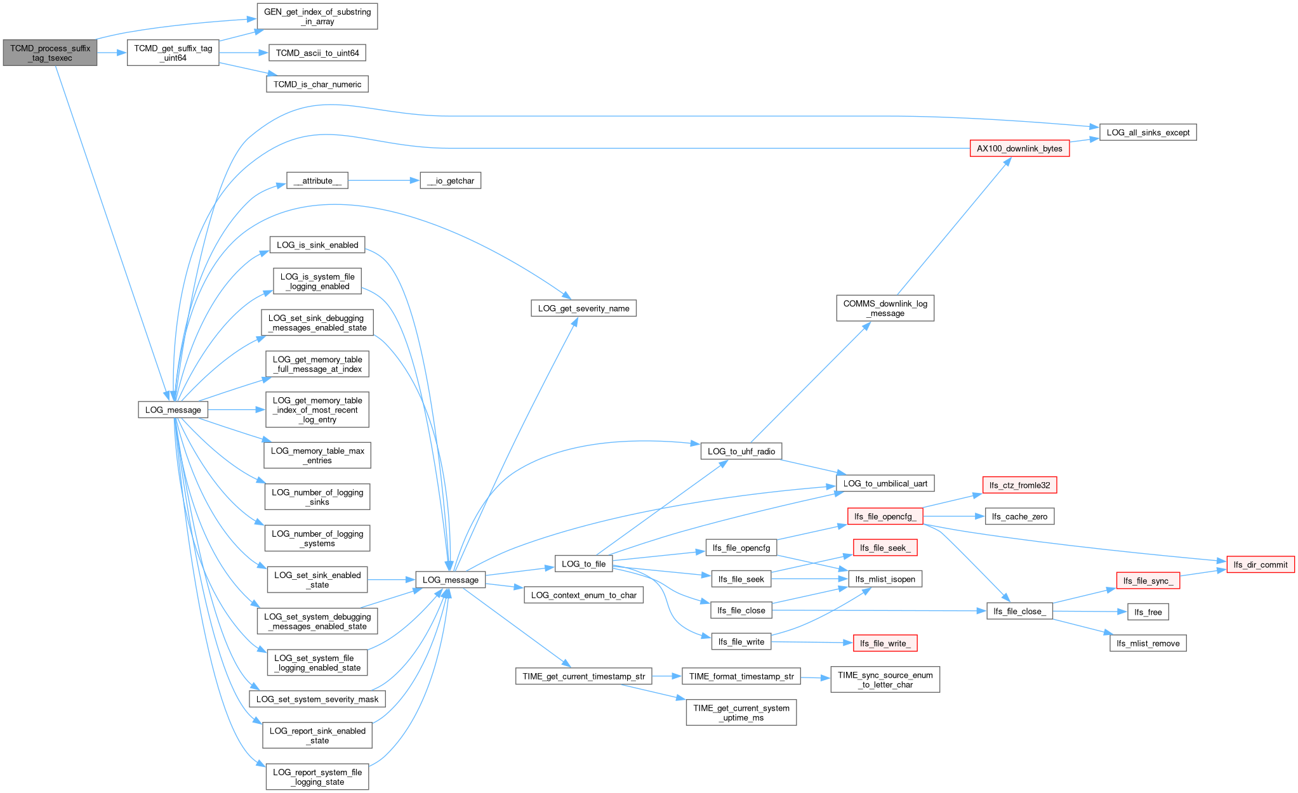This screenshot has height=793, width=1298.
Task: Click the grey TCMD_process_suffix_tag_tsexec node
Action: click(50, 53)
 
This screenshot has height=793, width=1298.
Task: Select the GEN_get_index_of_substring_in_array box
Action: click(317, 16)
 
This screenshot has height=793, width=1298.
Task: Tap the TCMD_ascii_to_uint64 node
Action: click(317, 53)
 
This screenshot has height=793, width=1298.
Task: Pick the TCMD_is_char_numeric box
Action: click(317, 84)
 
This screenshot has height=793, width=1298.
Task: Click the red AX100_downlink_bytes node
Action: click(1019, 148)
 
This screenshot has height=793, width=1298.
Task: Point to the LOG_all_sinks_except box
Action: click(1148, 133)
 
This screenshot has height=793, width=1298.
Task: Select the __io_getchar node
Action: click(451, 181)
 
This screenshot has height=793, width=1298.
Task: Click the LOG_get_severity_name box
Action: click(583, 308)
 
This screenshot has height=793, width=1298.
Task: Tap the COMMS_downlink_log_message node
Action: click(885, 308)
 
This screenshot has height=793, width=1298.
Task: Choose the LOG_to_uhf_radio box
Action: click(741, 451)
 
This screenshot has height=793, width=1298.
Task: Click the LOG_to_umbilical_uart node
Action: click(885, 483)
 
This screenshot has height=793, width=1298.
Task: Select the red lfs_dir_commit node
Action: click(1261, 565)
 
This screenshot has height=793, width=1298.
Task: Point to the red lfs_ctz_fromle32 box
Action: click(1019, 485)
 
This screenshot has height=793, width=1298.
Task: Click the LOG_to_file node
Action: click(583, 564)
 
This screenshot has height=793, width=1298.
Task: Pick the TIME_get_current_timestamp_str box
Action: click(583, 676)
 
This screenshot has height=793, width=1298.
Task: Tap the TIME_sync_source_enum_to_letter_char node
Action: click(885, 679)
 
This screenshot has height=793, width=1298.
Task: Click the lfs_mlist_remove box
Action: click(1148, 643)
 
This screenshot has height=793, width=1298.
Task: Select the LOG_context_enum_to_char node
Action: click(583, 595)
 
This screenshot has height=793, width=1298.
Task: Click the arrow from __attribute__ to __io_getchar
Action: click(384, 181)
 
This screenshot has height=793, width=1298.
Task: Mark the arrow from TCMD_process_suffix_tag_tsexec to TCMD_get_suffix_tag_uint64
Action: click(112, 53)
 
